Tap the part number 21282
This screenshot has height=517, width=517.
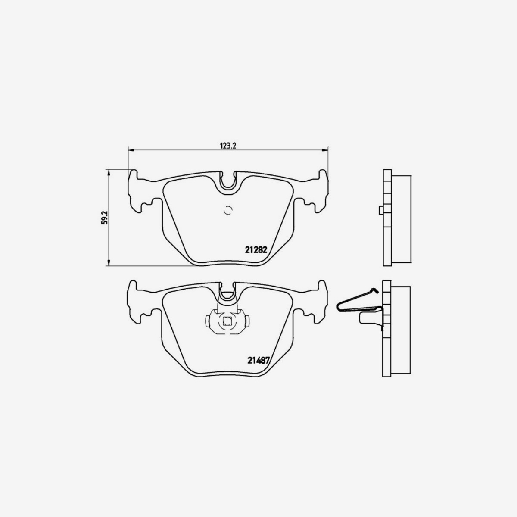pyautogui.click(x=257, y=249)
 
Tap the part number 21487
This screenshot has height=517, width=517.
pyautogui.click(x=258, y=361)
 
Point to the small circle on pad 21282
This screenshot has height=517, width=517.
pyautogui.click(x=228, y=210)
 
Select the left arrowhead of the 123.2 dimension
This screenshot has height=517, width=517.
pyautogui.click(x=131, y=150)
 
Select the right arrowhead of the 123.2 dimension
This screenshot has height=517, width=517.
pyautogui.click(x=325, y=150)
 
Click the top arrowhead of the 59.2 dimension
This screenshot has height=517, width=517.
pyautogui.click(x=109, y=172)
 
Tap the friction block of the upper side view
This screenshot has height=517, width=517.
pyautogui.click(x=401, y=220)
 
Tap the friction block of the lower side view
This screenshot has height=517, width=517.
pyautogui.click(x=401, y=330)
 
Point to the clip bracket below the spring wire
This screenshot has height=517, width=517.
pyautogui.click(x=369, y=319)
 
